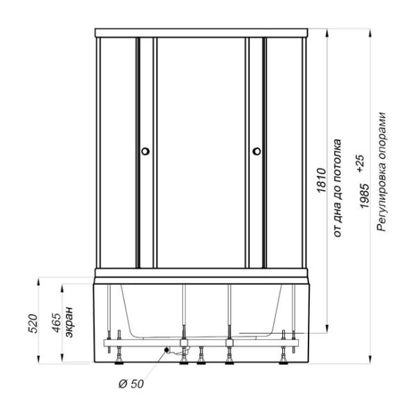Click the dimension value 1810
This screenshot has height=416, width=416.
[321, 180]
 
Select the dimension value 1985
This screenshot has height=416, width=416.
[364, 196]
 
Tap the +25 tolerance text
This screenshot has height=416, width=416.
[361, 164]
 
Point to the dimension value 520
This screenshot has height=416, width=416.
[33, 323]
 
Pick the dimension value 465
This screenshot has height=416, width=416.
[56, 322]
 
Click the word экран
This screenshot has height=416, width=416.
[69, 322]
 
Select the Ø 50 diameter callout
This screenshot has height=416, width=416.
[131, 383]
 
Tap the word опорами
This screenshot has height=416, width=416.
[381, 139]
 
